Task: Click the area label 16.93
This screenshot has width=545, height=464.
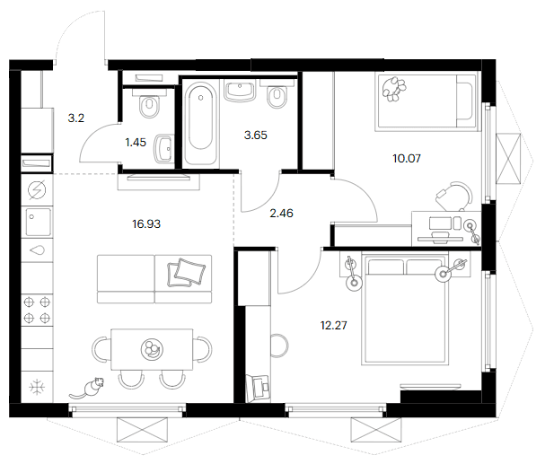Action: click(x=146, y=224)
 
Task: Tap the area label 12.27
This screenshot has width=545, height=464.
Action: click(x=333, y=326)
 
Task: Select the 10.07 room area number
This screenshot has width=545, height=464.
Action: click(x=407, y=158)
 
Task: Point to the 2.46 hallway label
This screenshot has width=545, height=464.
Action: click(x=281, y=213)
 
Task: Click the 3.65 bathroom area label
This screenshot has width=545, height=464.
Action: click(x=256, y=135)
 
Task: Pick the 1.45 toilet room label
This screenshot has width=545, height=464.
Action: click(x=136, y=142)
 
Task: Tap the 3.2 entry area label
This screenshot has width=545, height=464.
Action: click(x=75, y=118)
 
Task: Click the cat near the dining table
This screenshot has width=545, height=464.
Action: click(x=88, y=388)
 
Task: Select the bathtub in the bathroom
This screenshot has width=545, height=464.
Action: click(x=200, y=122)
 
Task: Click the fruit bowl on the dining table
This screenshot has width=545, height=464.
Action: click(x=152, y=349)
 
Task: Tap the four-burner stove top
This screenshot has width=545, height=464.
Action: click(x=37, y=310)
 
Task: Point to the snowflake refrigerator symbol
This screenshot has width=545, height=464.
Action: click(x=37, y=387)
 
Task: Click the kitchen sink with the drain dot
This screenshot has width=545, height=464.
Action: click(x=38, y=222)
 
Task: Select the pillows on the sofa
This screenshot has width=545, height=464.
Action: click(x=186, y=273)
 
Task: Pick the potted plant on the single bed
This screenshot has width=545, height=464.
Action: click(x=394, y=89)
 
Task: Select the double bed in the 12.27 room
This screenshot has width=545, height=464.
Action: click(x=405, y=309)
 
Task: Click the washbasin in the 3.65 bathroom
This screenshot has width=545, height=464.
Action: click(x=240, y=91)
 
